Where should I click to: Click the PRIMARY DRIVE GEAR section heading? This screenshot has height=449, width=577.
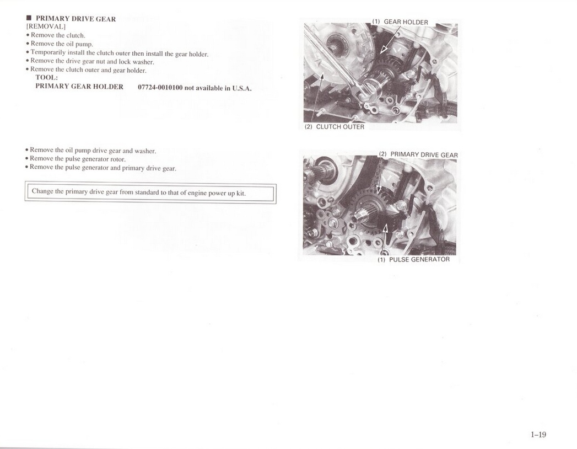tap(76, 19)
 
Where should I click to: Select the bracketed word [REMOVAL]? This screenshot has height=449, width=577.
tap(46, 26)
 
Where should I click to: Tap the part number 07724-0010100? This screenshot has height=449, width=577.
tap(160, 88)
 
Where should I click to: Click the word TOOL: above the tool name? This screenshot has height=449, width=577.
tap(47, 77)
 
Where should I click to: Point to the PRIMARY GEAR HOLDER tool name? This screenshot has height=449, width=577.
tap(79, 87)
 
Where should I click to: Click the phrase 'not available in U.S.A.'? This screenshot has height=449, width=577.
tap(218, 88)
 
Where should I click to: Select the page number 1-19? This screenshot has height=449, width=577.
tap(538, 435)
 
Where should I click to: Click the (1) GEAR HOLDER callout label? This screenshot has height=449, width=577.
tap(400, 22)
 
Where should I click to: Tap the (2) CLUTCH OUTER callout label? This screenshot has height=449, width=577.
tap(335, 127)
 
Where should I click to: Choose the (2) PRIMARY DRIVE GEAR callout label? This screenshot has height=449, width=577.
tap(418, 154)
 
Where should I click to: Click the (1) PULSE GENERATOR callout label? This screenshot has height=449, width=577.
tap(414, 259)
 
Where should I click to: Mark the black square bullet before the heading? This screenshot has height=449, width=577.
tap(29, 18)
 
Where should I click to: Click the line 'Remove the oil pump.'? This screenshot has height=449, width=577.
tap(60, 44)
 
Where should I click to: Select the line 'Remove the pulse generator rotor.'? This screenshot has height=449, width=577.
tap(76, 159)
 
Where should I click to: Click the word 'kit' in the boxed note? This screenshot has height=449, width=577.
tap(241, 194)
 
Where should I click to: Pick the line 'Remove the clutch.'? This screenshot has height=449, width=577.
tap(56, 35)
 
